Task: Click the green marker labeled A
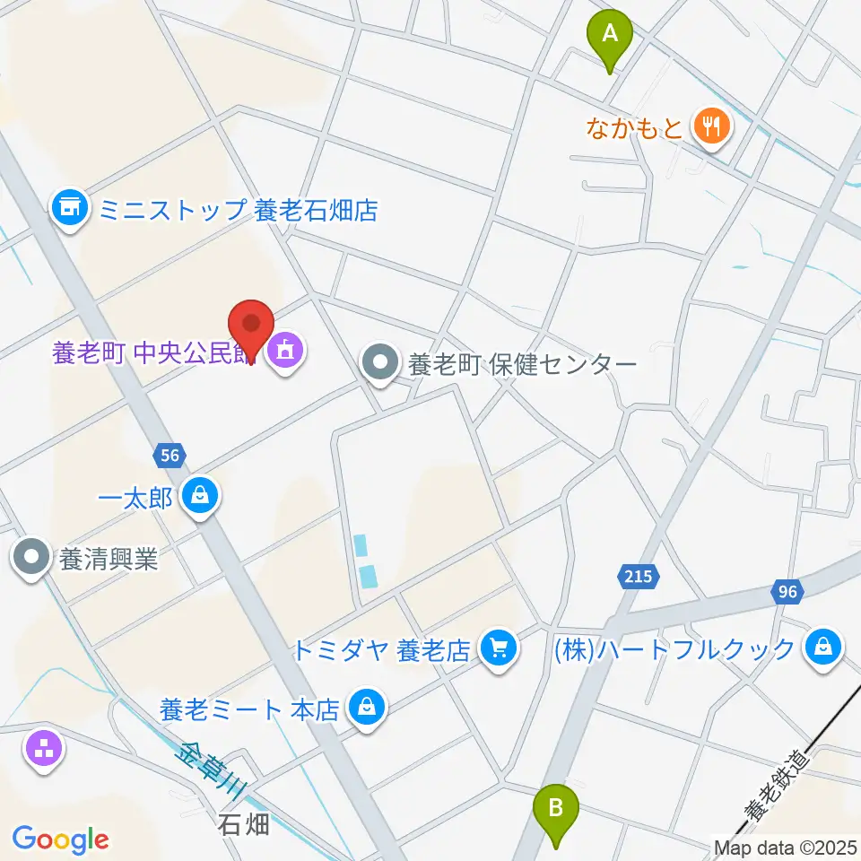pyautogui.click(x=610, y=37)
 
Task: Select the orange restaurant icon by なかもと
pyautogui.click(x=712, y=127)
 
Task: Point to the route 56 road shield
pyautogui.click(x=170, y=456)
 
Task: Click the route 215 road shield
pyautogui.click(x=639, y=576)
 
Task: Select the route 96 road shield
pyautogui.click(x=787, y=591)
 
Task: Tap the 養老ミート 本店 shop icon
pyautogui.click(x=366, y=709)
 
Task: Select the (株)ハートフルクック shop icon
pyautogui.click(x=822, y=648)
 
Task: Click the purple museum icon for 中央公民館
pyautogui.click(x=286, y=351)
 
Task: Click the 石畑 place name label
pyautogui.click(x=244, y=824)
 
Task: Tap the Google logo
pyautogui.click(x=60, y=840)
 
